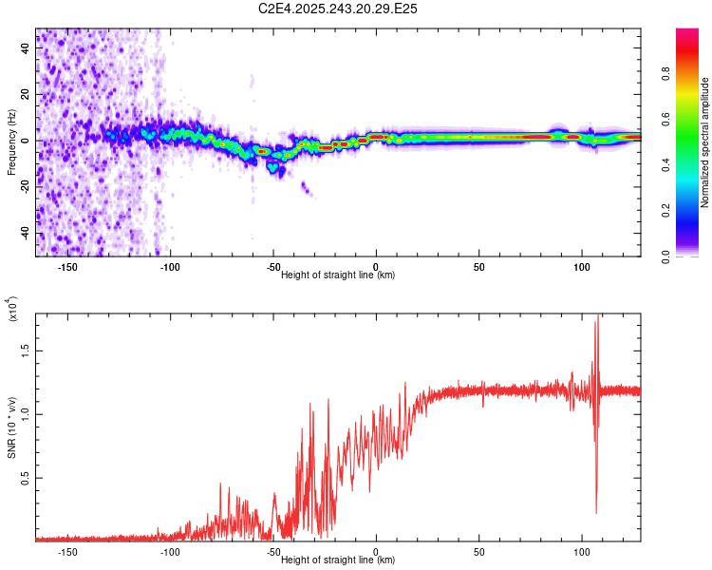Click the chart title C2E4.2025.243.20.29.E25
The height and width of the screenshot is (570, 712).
339,9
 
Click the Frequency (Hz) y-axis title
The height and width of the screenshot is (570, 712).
11,142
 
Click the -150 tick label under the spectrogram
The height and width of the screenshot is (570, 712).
67,266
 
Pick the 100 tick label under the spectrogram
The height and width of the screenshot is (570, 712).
582,266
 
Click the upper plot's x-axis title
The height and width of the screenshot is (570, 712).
338,275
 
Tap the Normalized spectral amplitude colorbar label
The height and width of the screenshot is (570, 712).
704,142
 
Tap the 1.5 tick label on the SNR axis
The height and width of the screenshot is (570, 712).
27,350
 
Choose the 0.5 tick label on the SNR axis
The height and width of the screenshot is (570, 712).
27,478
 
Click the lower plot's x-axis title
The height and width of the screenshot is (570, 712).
338,560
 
